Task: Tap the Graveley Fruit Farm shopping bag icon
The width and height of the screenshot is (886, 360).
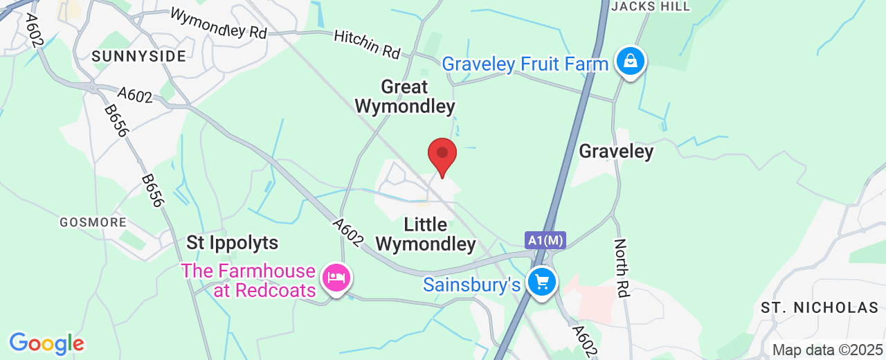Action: point(631,62)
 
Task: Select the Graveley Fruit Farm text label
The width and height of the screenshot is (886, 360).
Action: point(525,64)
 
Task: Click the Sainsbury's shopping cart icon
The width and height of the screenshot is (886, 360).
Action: point(542,282)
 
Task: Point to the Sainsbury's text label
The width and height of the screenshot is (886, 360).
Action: point(471,285)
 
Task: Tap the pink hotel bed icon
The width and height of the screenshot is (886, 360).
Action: point(337,279)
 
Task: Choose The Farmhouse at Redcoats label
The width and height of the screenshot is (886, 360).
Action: point(248,280)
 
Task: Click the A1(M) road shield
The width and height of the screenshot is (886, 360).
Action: point(545,240)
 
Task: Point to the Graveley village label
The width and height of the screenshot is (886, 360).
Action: point(616,151)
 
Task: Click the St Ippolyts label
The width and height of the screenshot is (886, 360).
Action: point(233,243)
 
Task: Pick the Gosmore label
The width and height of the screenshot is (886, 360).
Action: point(93,222)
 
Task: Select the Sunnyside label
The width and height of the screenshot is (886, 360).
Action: point(138,56)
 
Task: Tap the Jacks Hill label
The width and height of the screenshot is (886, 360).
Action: point(651,6)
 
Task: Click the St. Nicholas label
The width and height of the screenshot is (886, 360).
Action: point(819,307)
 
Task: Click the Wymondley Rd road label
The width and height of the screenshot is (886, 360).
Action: point(218,24)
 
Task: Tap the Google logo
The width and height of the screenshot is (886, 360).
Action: point(46,343)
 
